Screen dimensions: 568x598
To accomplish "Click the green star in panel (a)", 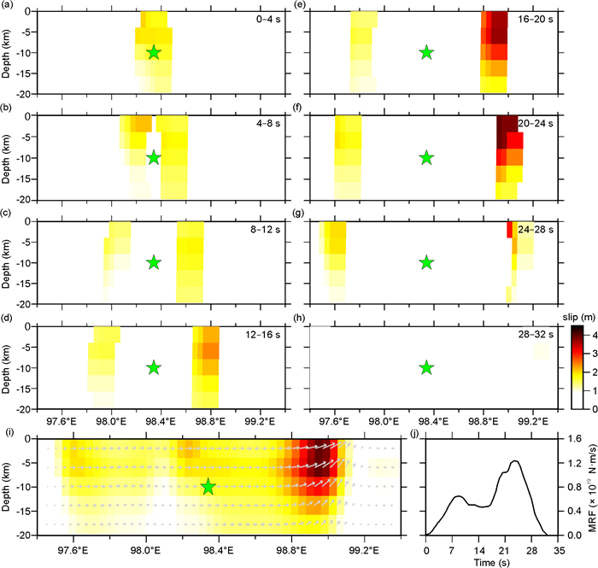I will [x=153, y=53].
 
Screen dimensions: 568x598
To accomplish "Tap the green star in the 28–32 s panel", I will [x=426, y=367].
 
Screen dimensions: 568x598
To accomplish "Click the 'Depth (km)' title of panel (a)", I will [x=7, y=53].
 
